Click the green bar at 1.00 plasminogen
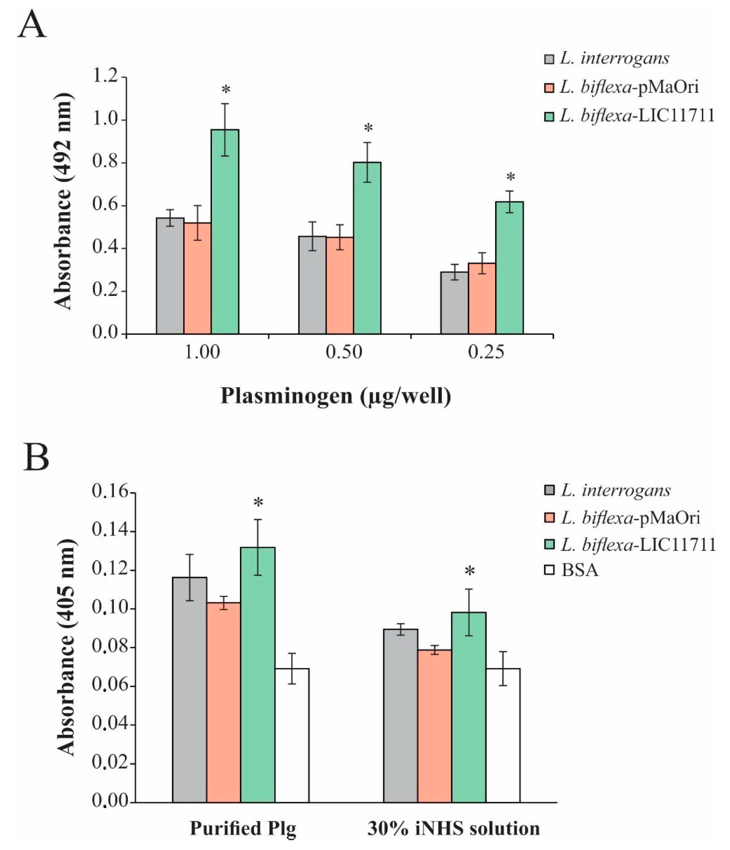225,232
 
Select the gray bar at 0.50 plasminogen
312,285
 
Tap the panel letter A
32,26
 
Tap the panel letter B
36,458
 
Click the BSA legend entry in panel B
573,570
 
